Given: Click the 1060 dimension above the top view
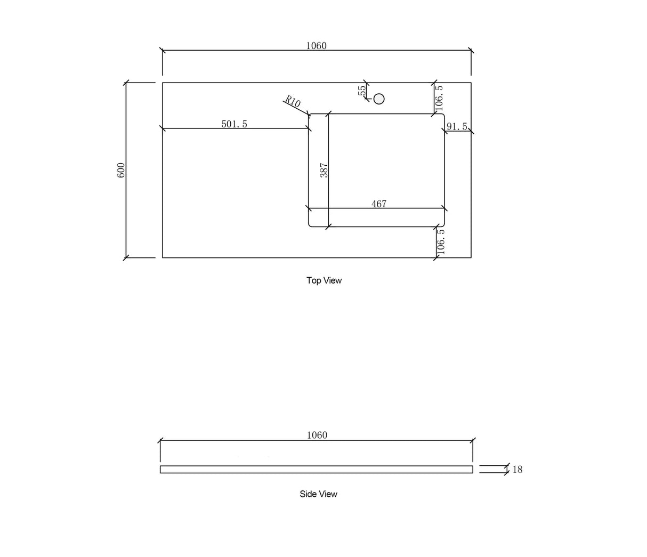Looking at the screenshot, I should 316,46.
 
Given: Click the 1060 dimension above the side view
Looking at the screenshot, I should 317,435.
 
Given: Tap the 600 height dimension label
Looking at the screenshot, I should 121,170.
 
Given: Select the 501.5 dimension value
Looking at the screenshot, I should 234,124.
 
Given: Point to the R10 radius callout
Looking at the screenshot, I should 293,101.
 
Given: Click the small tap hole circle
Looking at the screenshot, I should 379,99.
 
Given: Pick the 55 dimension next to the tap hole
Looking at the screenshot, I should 362,91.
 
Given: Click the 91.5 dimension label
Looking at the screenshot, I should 457,126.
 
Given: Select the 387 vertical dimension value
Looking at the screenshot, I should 323,170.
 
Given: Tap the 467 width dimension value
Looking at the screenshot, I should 378,204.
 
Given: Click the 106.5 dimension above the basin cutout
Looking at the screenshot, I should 439,96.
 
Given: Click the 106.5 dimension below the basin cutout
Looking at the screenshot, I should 440,241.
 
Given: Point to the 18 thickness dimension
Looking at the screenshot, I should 517,470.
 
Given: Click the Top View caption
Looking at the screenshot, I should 324,280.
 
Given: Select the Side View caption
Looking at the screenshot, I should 318,494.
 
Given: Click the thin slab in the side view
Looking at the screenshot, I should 316,469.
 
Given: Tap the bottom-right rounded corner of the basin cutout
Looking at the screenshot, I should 442,224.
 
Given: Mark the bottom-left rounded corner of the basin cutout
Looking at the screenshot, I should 311,224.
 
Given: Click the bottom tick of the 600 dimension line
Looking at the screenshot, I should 126,257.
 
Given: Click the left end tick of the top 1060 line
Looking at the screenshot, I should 163,51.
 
